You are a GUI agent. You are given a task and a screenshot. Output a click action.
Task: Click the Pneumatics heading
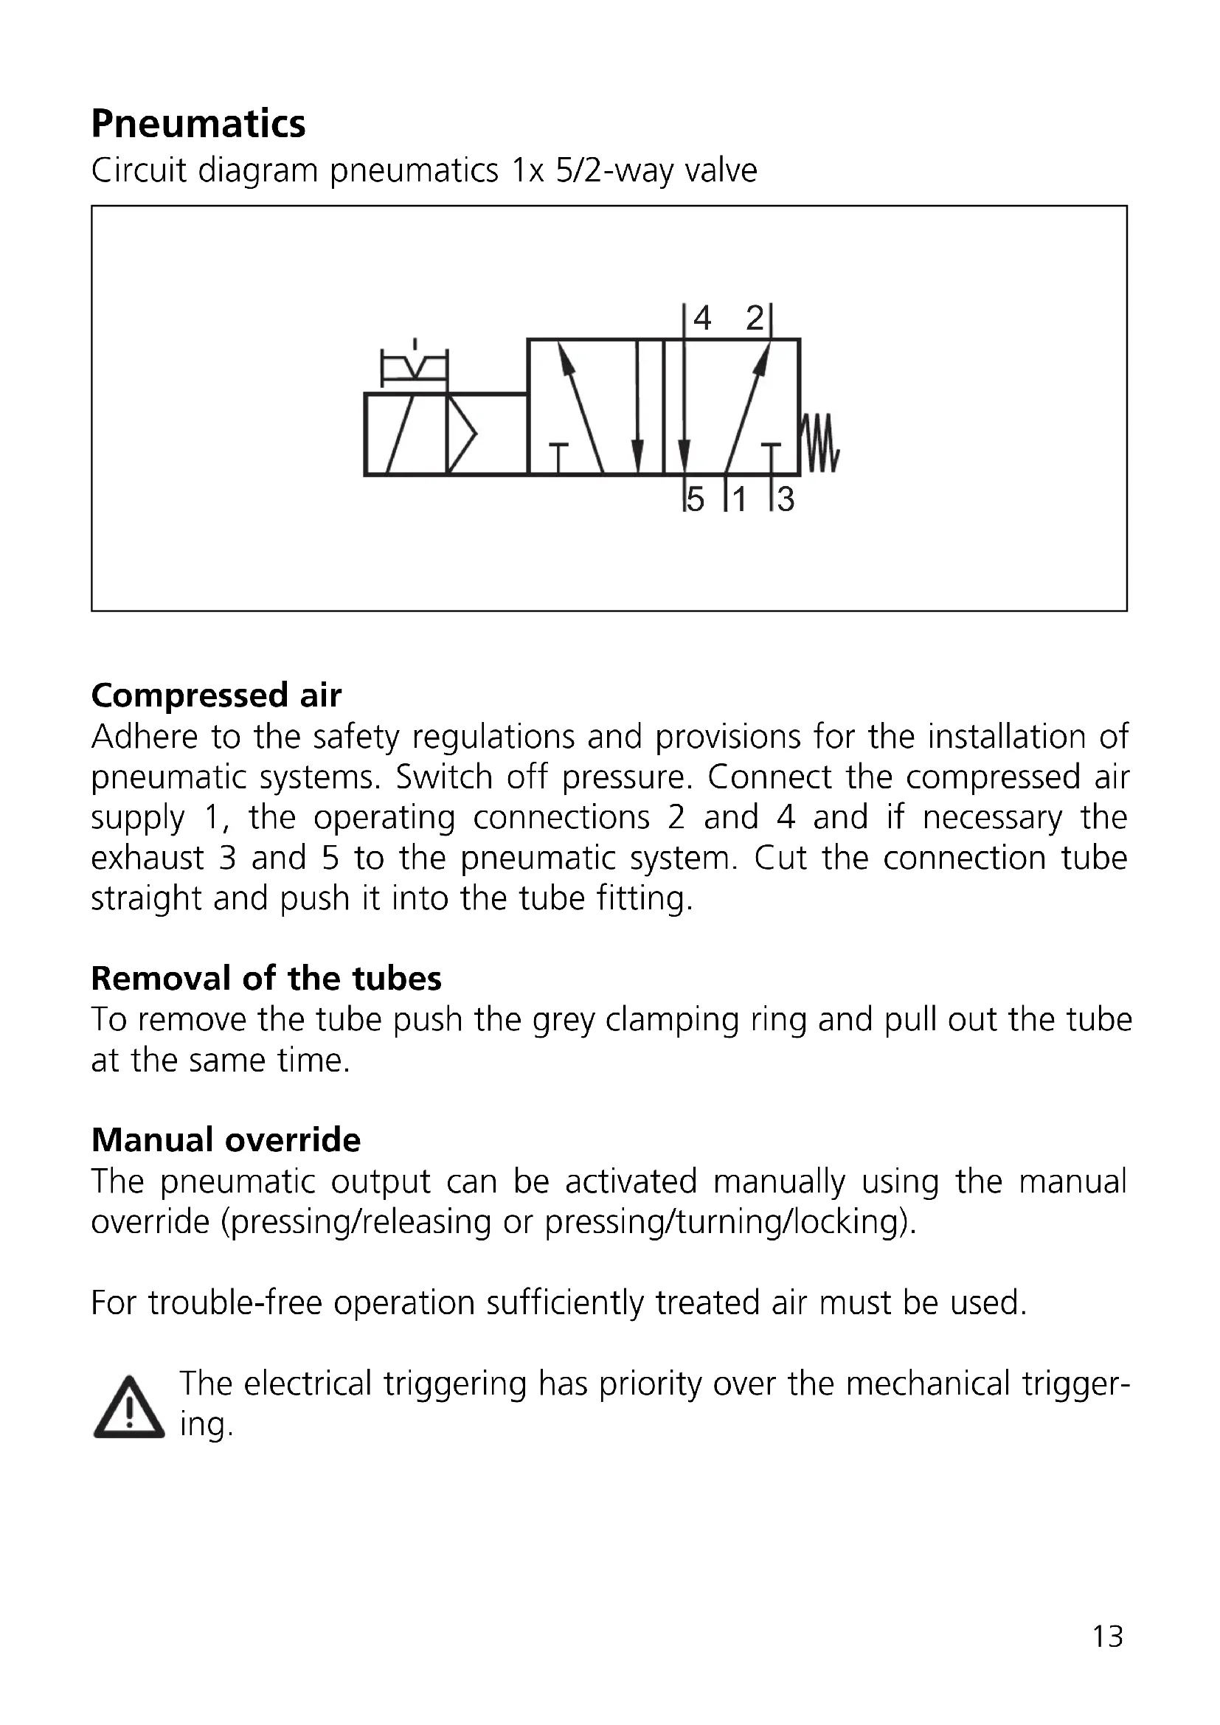(x=198, y=124)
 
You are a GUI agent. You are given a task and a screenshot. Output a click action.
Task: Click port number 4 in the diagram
(x=701, y=319)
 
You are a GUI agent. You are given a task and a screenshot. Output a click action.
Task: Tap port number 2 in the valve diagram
(x=755, y=319)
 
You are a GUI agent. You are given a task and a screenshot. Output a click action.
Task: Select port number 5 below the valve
(x=696, y=499)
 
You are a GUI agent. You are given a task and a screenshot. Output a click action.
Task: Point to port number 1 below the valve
(x=739, y=499)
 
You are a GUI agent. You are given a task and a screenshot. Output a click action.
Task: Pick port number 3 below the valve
(x=785, y=499)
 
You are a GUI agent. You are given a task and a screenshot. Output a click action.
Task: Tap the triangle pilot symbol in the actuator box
(x=461, y=434)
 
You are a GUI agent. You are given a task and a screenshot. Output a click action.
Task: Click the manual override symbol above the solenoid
(x=414, y=365)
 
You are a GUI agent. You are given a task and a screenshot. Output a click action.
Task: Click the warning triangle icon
(x=128, y=1409)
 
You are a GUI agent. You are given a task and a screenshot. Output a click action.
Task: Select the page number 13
(x=1107, y=1637)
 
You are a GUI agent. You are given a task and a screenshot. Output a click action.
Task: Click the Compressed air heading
(x=216, y=695)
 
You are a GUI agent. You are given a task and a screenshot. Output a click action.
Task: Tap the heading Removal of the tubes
(x=266, y=979)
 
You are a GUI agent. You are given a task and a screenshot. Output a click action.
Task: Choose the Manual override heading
(x=226, y=1140)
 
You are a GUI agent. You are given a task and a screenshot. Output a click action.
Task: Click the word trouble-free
(x=235, y=1302)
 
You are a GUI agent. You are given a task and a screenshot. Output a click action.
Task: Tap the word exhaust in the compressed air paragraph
(x=148, y=858)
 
